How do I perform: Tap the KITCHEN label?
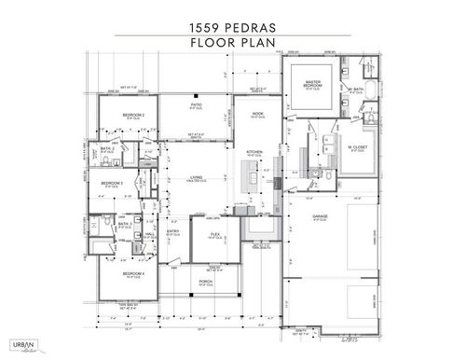pos(255,152)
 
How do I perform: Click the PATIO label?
pos(197,105)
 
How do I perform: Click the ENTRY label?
pos(173,231)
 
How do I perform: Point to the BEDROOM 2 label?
pos(140,114)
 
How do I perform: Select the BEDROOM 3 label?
pos(113,184)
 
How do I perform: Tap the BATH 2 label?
pos(108,148)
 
